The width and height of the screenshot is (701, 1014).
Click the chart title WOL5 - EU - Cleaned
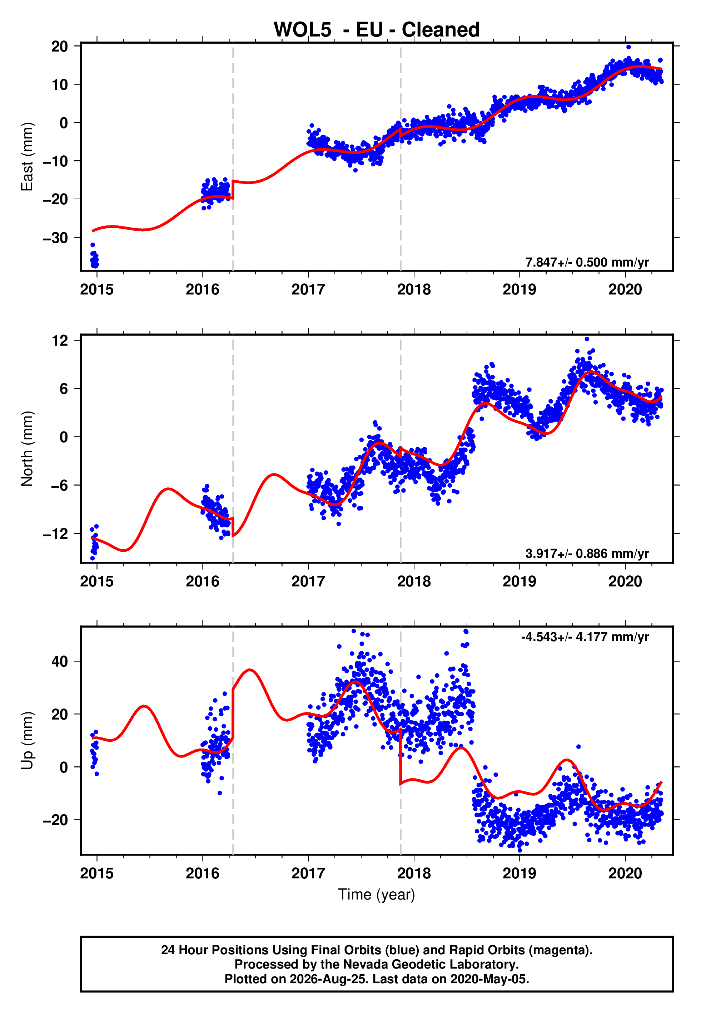point(377,30)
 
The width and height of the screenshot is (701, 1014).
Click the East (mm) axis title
point(27,157)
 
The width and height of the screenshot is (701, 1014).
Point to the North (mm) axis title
point(27,449)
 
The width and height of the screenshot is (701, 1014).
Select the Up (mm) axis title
point(27,741)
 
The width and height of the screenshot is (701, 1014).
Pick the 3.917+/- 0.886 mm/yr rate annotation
point(587,553)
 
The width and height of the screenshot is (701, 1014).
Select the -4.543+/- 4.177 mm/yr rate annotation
point(585,637)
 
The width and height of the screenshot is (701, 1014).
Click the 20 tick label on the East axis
point(60,46)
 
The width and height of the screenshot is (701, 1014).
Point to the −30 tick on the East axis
point(55,238)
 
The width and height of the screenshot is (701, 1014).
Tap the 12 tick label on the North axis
point(60,340)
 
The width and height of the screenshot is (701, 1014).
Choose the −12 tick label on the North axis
point(55,534)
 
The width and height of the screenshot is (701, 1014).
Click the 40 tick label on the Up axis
point(60,661)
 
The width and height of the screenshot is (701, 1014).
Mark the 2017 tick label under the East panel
point(308,289)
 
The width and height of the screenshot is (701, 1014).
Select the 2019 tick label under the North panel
point(519,581)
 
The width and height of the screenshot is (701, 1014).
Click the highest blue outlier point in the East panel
point(628,47)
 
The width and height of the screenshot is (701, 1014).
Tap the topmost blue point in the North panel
point(587,339)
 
